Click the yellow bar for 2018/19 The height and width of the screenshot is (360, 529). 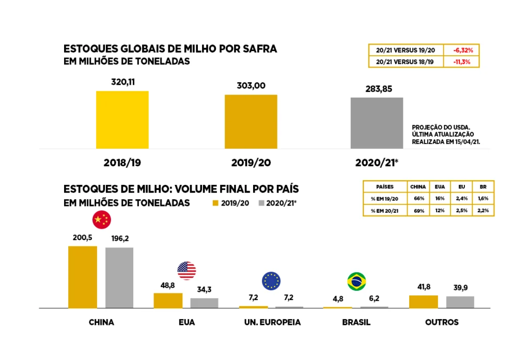point(122,119)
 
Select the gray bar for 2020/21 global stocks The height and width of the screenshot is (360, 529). point(377,123)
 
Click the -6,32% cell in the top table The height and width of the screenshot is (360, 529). point(463,50)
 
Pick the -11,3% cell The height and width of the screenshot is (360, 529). point(463,61)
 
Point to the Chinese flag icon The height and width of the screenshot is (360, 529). point(101,220)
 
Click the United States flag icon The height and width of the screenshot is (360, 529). point(186,270)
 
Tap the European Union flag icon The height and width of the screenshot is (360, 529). point(271,280)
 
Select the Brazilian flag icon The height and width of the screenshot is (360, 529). point(356,281)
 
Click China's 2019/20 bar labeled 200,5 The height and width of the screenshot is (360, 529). point(83,277)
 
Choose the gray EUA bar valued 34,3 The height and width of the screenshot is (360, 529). point(204,303)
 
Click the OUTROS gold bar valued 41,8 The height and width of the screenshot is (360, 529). point(423,302)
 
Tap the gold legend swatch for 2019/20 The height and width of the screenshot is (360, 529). point(215,203)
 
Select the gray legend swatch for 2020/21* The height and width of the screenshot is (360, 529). point(261,203)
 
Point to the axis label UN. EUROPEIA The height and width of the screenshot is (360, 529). point(272,322)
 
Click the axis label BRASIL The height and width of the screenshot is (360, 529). point(356,322)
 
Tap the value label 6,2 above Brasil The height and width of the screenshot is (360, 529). point(375,298)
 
